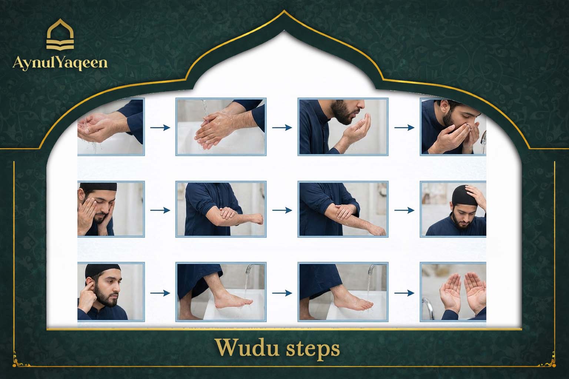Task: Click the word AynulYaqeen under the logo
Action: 60,63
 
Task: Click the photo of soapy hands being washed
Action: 221,127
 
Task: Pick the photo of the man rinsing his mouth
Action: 343,127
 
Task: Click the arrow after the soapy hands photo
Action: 282,128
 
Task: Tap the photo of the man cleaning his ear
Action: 110,292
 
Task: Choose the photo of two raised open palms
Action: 453,292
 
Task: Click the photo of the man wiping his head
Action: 453,209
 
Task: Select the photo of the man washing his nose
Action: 453,127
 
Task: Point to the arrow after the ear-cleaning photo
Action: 160,293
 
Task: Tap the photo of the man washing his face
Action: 110,209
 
